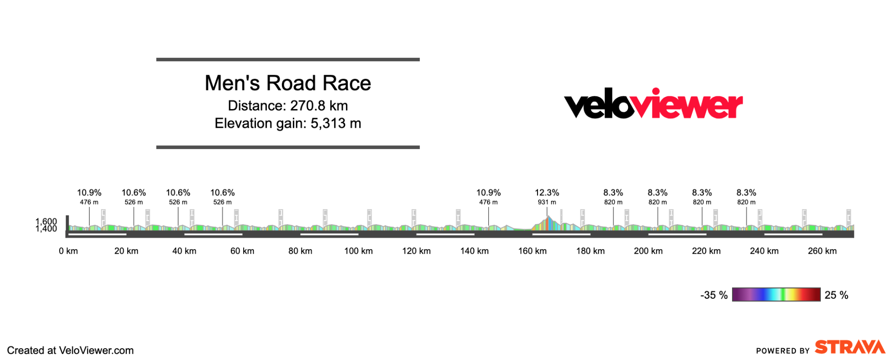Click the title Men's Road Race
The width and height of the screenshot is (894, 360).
click(x=288, y=83)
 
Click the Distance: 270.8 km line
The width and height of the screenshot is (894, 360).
click(x=288, y=106)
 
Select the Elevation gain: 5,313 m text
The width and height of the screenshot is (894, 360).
click(x=288, y=124)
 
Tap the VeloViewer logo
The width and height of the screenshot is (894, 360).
click(x=653, y=104)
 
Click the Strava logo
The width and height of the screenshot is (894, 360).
click(x=849, y=347)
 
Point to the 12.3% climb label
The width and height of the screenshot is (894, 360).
click(x=547, y=193)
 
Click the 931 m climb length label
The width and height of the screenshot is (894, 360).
click(x=547, y=202)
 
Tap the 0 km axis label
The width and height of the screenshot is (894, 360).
click(x=68, y=251)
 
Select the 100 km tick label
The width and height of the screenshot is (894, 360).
click(x=358, y=251)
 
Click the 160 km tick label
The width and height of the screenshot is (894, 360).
click(x=532, y=251)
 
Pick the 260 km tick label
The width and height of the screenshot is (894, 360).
click(x=822, y=251)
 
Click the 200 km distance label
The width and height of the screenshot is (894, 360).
click(x=648, y=251)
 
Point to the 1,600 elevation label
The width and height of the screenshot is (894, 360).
click(x=46, y=221)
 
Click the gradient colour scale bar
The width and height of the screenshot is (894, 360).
click(x=776, y=295)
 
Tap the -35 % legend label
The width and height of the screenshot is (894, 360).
click(x=713, y=295)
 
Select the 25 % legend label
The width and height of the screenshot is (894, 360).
click(x=836, y=295)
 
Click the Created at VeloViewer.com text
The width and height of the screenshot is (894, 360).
click(x=70, y=350)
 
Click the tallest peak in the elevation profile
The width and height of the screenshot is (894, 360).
click(x=548, y=217)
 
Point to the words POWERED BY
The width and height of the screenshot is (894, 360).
click(x=783, y=351)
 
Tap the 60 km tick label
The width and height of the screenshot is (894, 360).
click(x=242, y=251)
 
